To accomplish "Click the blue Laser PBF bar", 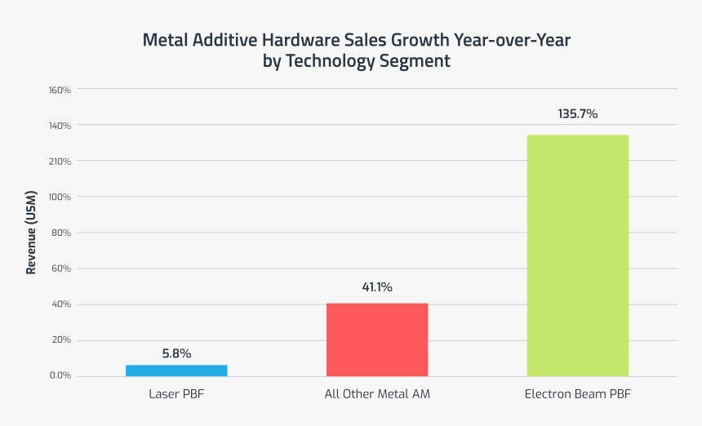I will (x=176, y=371).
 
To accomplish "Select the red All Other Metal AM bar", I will (x=377, y=339).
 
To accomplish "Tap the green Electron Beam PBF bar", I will (x=577, y=255).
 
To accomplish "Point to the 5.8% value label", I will (x=176, y=353).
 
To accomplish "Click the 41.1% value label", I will (x=377, y=286).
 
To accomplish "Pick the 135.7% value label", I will (x=577, y=114).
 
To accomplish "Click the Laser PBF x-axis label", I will (x=176, y=394).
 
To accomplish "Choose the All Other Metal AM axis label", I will (x=377, y=394).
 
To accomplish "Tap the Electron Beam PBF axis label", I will (x=577, y=394).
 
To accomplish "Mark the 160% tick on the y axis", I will (x=60, y=90).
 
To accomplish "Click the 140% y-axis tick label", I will (x=60, y=126).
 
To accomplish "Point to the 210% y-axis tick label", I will (x=60, y=162).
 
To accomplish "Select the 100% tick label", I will (x=60, y=197).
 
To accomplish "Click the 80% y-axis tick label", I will (x=62, y=233).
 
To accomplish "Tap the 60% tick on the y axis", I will (x=62, y=268).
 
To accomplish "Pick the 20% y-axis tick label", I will (x=62, y=340).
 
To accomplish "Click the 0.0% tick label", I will (x=60, y=376).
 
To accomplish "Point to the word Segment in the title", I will (x=415, y=61).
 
